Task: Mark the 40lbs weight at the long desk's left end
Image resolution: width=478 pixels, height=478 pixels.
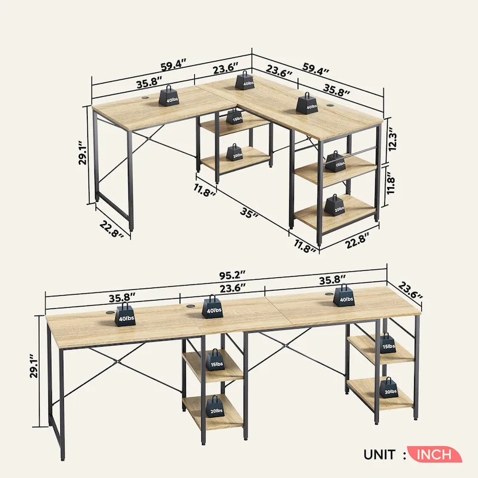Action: pos(125,314)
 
